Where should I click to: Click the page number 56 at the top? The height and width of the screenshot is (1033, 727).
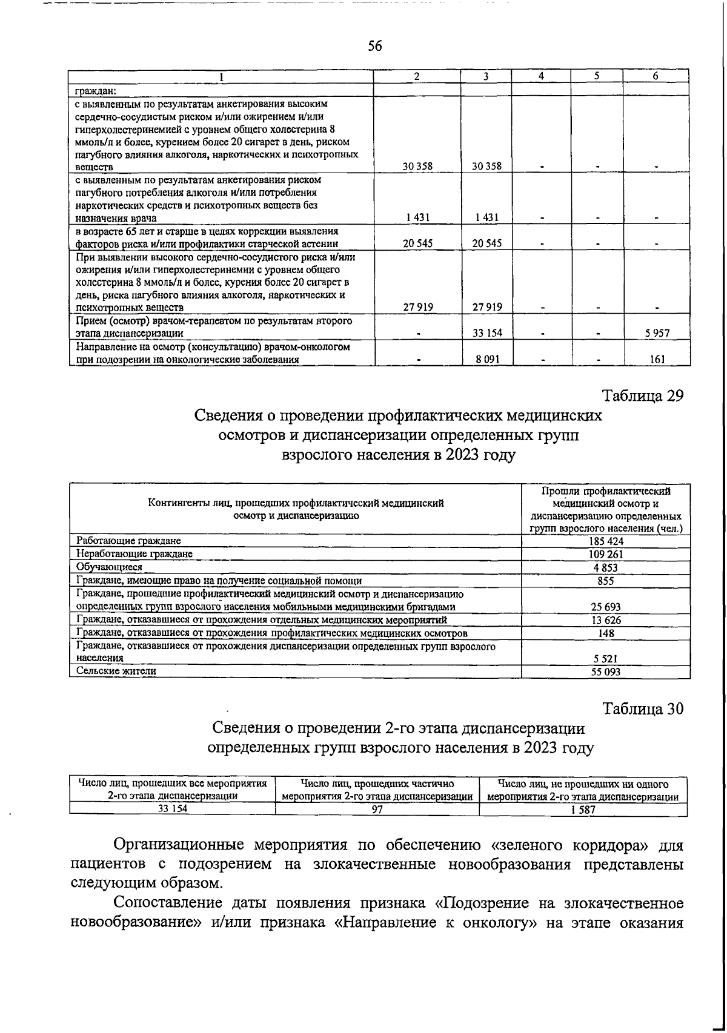(x=375, y=46)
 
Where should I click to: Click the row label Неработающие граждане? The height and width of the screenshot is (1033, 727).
(x=134, y=553)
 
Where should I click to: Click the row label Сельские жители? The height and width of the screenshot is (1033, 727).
(x=116, y=671)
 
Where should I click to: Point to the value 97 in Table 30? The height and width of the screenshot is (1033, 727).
(x=377, y=811)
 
